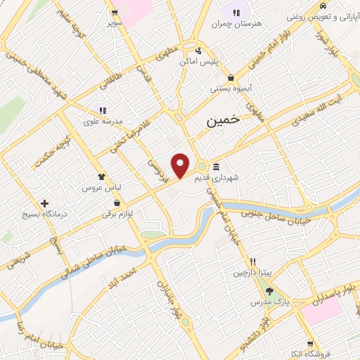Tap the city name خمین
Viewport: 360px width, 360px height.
(x=223, y=120)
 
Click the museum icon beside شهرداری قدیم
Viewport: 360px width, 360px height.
(x=214, y=167)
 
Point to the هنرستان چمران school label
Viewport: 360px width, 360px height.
(x=236, y=24)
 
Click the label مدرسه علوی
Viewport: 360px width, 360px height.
(x=103, y=121)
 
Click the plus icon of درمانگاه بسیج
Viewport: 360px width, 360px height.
(x=45, y=203)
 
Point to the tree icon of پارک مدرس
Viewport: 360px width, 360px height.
(x=269, y=291)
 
